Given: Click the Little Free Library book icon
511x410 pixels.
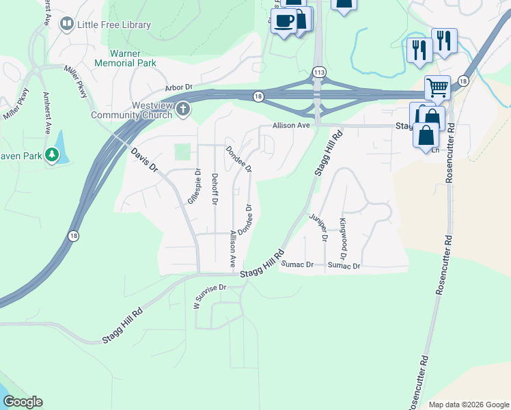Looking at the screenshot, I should click(67, 25).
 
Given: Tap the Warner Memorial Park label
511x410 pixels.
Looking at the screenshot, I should click(133, 58).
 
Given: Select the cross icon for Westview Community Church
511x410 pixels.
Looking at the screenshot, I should click(182, 109).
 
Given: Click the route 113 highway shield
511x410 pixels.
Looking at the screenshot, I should click(318, 72).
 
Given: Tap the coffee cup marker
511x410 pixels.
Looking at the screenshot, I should click(284, 20).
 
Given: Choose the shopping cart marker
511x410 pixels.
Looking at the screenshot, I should click(437, 87).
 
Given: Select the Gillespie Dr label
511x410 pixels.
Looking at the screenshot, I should click(193, 186).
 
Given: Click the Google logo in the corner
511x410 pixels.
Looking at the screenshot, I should click(22, 402).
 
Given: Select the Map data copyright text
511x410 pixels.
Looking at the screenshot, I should click(469, 405).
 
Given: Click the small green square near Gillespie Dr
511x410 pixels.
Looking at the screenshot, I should click(182, 152).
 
